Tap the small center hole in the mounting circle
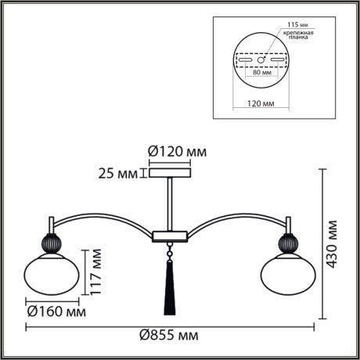click(261, 59)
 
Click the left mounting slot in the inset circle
click(246, 59)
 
